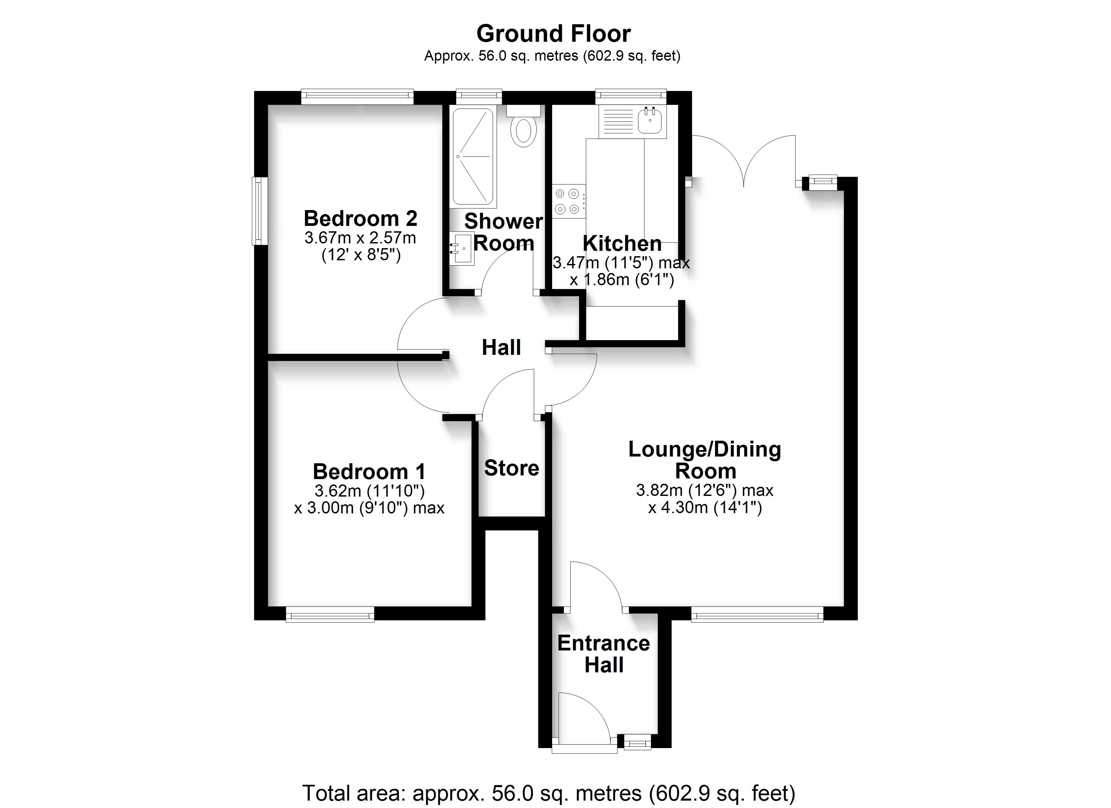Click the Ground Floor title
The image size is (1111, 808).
pyautogui.click(x=553, y=34)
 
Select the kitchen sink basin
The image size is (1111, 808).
pyautogui.click(x=650, y=121)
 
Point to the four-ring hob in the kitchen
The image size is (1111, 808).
pyautogui.click(x=569, y=201)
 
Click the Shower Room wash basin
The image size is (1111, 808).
pyautogui.click(x=462, y=248)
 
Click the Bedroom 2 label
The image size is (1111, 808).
pyautogui.click(x=361, y=218)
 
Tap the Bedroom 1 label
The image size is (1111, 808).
pyautogui.click(x=369, y=472)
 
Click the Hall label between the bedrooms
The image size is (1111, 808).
pyautogui.click(x=501, y=347)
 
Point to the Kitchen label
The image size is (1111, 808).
pyautogui.click(x=622, y=243)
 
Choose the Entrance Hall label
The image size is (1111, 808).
pyautogui.click(x=604, y=654)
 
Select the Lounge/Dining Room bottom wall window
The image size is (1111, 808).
pyautogui.click(x=757, y=614)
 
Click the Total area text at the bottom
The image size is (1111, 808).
pyautogui.click(x=549, y=793)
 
